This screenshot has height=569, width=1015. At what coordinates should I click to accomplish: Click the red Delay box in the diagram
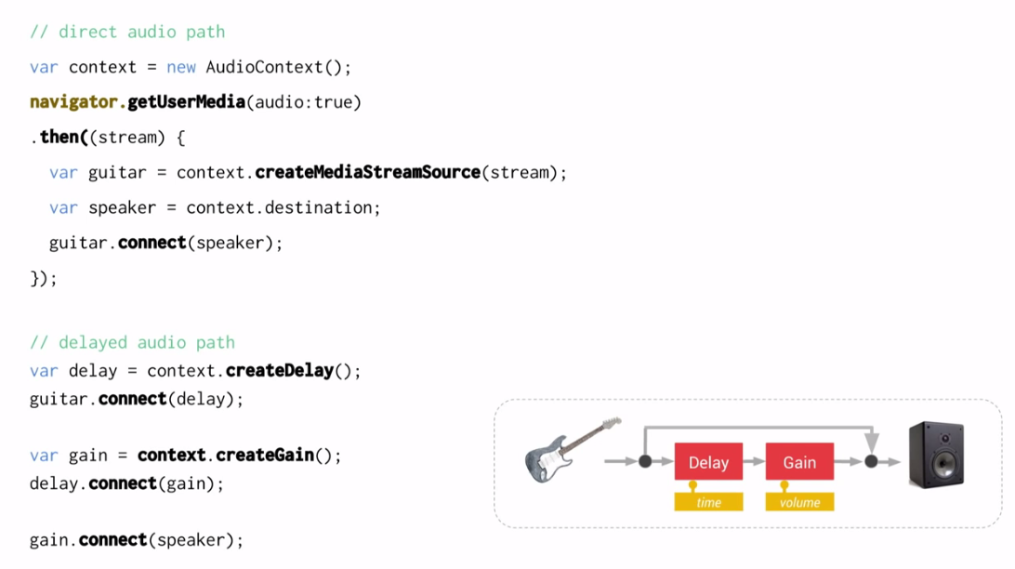point(708,462)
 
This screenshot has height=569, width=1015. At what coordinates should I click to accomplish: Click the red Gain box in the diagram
point(799,462)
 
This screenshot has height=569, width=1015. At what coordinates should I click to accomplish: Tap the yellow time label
point(708,502)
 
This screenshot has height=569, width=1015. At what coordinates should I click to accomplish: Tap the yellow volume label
point(799,502)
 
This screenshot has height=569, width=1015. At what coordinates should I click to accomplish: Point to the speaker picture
point(936,454)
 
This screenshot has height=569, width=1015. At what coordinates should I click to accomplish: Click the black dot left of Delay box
point(645,461)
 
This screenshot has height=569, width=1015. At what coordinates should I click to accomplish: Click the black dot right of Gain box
point(871,461)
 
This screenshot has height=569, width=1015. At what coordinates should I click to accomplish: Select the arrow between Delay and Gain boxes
point(754,462)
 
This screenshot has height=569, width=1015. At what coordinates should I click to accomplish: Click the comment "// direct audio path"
point(127,32)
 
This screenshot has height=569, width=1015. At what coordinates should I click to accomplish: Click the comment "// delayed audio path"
point(132,342)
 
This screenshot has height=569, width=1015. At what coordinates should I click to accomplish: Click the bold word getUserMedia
point(186,101)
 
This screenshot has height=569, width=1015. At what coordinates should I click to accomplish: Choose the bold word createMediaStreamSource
point(367,172)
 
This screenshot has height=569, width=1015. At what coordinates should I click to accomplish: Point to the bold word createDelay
point(279,370)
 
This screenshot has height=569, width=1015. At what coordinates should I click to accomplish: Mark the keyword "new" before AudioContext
point(181,67)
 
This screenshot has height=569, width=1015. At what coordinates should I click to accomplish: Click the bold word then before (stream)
point(59,137)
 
